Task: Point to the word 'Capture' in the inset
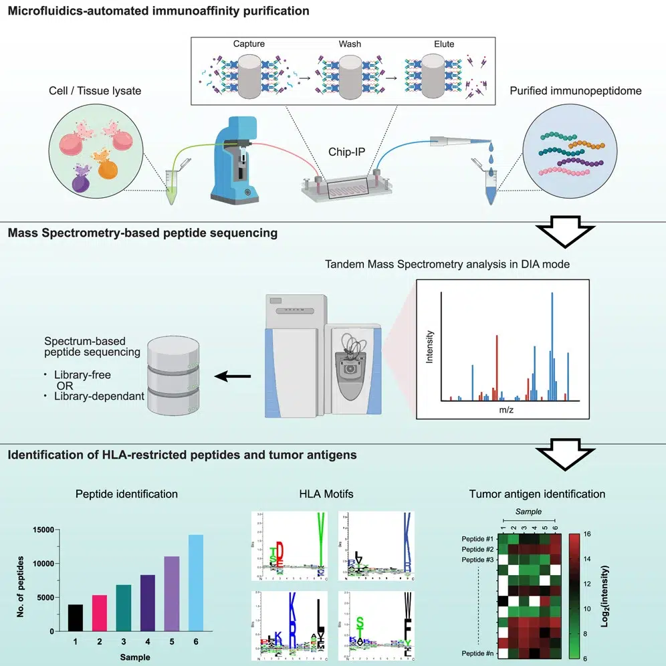249,44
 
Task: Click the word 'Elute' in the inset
444,44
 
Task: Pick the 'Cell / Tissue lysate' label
94,90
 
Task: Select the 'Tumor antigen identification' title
537,494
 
